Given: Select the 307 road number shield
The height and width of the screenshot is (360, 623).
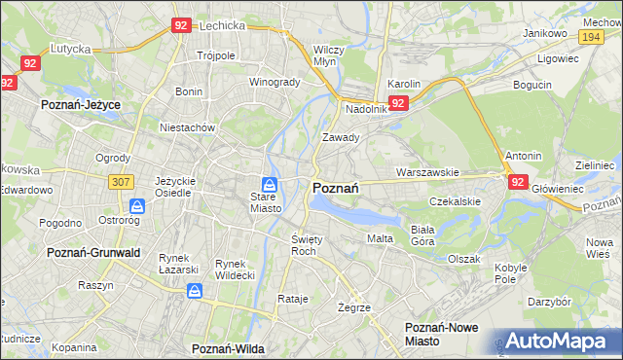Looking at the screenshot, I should [121, 182].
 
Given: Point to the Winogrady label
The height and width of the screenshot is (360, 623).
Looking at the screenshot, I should [275, 82].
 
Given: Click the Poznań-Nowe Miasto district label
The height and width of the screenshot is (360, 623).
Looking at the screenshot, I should [442, 335].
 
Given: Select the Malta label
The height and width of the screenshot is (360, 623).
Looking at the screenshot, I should [380, 238].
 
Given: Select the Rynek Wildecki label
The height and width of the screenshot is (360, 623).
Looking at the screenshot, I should [235, 270].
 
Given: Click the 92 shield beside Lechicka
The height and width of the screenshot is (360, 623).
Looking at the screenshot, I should [181, 26].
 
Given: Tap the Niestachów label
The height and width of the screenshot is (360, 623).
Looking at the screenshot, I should [187, 126].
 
